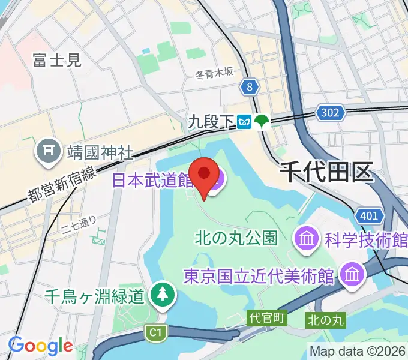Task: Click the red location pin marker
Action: [x=204, y=174]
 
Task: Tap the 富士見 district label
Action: [x=56, y=59]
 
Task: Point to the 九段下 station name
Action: [x=211, y=122]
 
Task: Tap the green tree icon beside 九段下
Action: [x=262, y=122]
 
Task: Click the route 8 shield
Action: [x=249, y=88]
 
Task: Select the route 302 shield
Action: [x=329, y=112]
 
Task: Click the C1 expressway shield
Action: [x=155, y=331]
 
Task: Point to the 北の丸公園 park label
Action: [x=236, y=238]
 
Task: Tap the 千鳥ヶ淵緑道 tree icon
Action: [x=163, y=294]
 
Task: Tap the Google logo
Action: [x=40, y=346]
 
